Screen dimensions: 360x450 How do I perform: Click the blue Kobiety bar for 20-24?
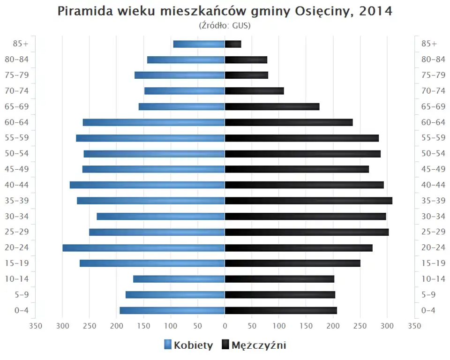click(143, 247)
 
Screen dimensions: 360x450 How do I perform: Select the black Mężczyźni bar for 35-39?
click(308, 201)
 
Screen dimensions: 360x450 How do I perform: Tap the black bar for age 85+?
click(233, 44)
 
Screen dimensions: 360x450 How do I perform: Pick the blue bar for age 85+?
click(199, 44)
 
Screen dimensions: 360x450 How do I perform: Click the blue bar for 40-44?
click(147, 185)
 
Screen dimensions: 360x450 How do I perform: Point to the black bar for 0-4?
click(281, 310)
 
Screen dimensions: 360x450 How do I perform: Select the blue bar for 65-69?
click(181, 106)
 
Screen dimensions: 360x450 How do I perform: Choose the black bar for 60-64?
click(289, 122)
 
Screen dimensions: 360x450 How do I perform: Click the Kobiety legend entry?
click(188, 345)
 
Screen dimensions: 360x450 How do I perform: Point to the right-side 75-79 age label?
click(433, 75)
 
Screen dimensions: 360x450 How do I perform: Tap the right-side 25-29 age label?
click(433, 232)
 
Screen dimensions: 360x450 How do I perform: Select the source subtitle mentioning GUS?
click(225, 25)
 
